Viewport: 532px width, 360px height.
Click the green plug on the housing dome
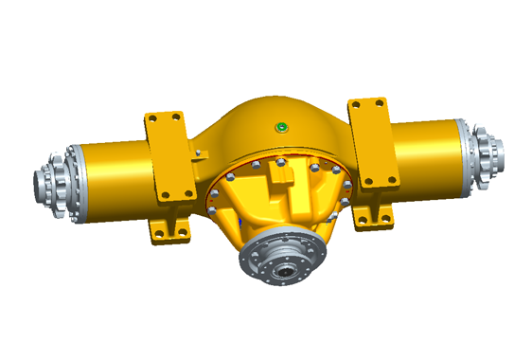(x=280, y=127)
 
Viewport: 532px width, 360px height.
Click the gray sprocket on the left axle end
(x=53, y=181)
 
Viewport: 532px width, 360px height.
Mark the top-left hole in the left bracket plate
(x=151, y=119)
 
